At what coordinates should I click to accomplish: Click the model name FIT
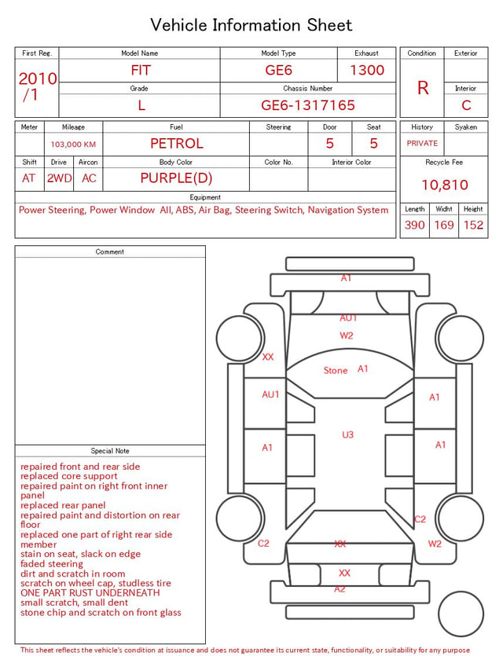coord(141,70)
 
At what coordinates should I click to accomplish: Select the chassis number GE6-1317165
coord(308,105)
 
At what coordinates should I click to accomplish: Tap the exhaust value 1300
coord(367,70)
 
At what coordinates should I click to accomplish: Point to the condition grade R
coord(423,88)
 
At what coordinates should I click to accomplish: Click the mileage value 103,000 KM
coord(73,145)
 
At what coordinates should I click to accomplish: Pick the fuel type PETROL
coord(177,144)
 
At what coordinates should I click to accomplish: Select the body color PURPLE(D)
coord(176,178)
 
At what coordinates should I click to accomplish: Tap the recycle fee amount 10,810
coord(445,185)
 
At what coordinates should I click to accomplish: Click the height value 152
coord(473,225)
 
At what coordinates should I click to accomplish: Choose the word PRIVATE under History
coord(422,143)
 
